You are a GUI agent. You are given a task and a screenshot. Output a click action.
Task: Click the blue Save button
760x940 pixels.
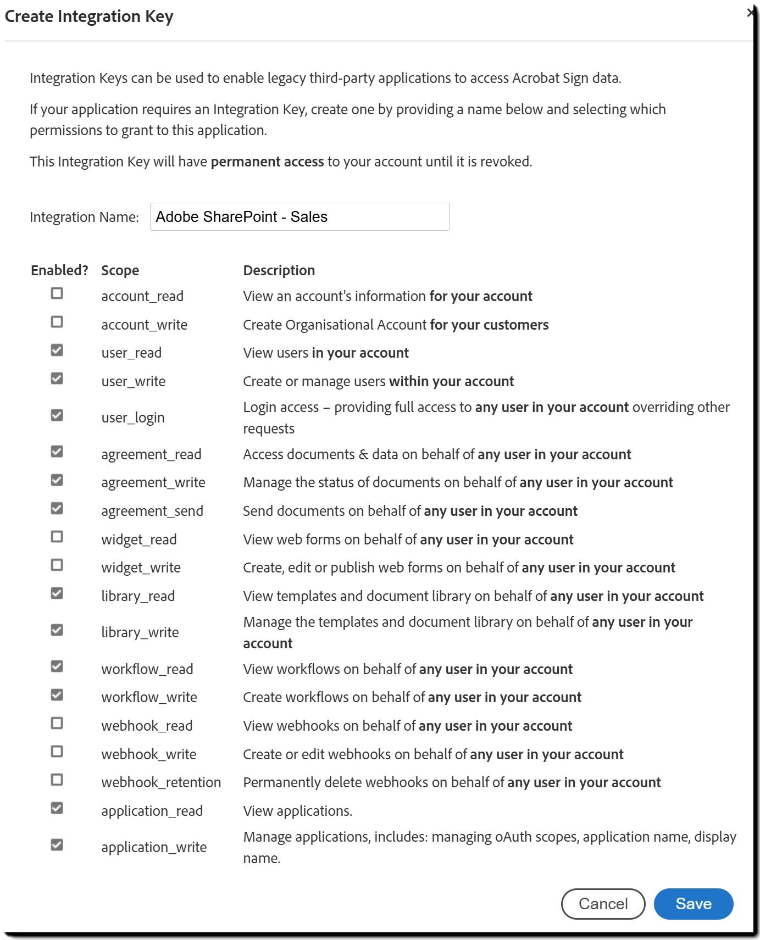pyautogui.click(x=693, y=904)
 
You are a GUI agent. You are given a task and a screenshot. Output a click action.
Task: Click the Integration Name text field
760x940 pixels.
pyautogui.click(x=299, y=216)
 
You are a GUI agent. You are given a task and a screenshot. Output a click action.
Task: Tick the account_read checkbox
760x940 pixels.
pyautogui.click(x=57, y=293)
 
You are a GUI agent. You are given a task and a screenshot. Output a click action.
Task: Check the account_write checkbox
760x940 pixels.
pyautogui.click(x=57, y=322)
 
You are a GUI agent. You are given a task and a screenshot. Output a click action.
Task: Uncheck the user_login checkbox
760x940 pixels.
pyautogui.click(x=57, y=415)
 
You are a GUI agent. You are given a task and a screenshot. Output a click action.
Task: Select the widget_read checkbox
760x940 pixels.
pyautogui.click(x=57, y=537)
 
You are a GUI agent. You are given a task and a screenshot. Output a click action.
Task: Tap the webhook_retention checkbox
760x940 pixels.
pyautogui.click(x=57, y=780)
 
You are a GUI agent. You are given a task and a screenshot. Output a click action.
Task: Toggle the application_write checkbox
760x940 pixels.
pyautogui.click(x=57, y=845)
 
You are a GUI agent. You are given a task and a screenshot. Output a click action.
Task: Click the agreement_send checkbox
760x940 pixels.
pyautogui.click(x=57, y=509)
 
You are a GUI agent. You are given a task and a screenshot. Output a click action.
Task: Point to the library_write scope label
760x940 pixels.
pyautogui.click(x=140, y=632)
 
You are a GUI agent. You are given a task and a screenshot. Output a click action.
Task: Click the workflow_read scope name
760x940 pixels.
pyautogui.click(x=147, y=669)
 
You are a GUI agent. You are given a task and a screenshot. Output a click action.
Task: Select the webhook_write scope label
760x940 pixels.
pyautogui.click(x=148, y=754)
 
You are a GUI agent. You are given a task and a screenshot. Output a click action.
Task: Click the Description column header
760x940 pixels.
pyautogui.click(x=279, y=270)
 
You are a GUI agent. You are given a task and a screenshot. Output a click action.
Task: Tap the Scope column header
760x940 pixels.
pyautogui.click(x=120, y=270)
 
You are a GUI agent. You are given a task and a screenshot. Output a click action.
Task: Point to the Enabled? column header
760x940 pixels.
pyautogui.click(x=59, y=270)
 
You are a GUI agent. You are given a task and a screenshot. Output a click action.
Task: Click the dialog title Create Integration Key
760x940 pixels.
pyautogui.click(x=89, y=16)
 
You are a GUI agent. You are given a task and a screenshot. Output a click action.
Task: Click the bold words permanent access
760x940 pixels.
pyautogui.click(x=267, y=162)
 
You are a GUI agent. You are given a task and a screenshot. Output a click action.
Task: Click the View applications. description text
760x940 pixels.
pyautogui.click(x=297, y=811)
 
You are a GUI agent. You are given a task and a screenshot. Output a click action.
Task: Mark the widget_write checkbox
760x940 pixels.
pyautogui.click(x=57, y=565)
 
